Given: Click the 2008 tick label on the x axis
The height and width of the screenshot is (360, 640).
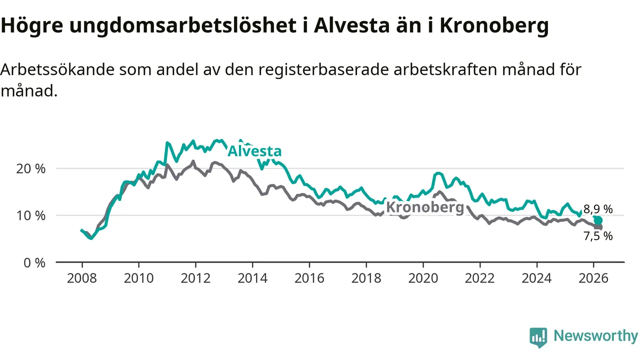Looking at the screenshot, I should coord(81,278).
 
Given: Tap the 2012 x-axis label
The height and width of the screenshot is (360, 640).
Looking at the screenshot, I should coord(195,278).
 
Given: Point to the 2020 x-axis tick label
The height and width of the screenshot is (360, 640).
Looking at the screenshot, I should coord(423,278).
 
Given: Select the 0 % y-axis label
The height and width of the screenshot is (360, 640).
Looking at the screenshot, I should coord(34,262).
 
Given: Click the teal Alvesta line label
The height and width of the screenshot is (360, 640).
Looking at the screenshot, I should coord(254,151).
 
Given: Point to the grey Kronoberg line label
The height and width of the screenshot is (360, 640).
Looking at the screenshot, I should coord(425,207).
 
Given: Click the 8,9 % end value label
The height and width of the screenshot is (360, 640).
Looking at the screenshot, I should coord(598,209).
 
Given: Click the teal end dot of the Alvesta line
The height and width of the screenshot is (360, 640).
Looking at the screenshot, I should coord(598,220).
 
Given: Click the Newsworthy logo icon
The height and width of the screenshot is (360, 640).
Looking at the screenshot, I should coord(538,337).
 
